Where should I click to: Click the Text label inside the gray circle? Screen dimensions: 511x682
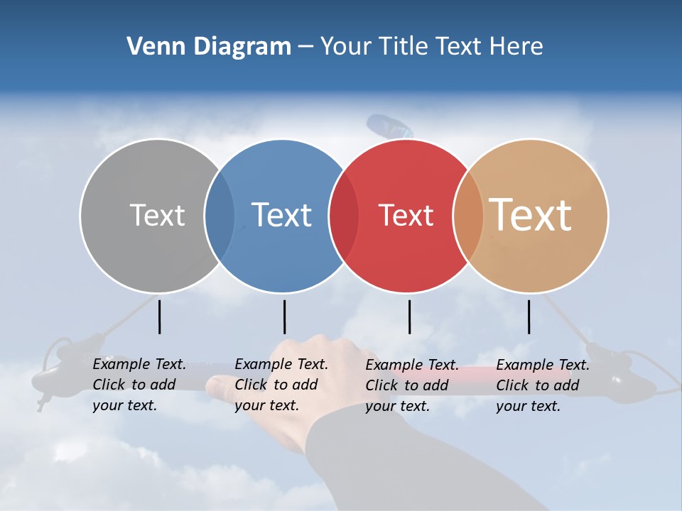click(x=157, y=215)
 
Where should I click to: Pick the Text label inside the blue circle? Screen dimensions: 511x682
click(x=281, y=215)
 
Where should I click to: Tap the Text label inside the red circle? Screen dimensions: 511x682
click(x=406, y=216)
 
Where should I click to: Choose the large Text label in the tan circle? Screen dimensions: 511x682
click(x=531, y=214)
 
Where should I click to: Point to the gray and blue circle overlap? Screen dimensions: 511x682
click(x=220, y=216)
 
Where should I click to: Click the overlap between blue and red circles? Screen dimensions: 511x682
click(x=344, y=216)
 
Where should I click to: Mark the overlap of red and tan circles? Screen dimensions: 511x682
click(x=468, y=216)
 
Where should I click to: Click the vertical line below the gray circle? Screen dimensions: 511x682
click(x=159, y=317)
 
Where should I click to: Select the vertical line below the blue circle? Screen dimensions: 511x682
click(x=284, y=317)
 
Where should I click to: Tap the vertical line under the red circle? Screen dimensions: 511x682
click(x=409, y=317)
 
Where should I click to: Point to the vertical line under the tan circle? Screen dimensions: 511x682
click(x=529, y=317)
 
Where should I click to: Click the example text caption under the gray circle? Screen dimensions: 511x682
click(x=139, y=385)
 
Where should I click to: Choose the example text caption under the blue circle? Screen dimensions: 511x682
click(x=281, y=385)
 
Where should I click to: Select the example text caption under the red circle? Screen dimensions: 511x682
click(x=411, y=385)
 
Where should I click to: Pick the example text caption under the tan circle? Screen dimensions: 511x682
click(x=542, y=385)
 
